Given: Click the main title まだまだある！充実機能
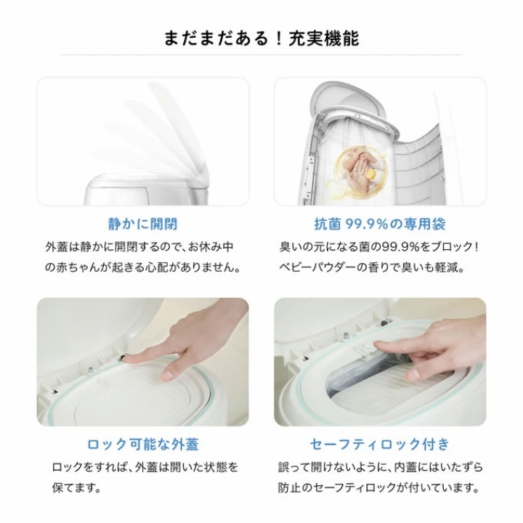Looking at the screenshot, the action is coord(261,38).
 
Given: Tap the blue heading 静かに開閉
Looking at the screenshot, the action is coord(143,224).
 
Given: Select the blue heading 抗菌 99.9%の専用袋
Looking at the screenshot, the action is coord(380,224).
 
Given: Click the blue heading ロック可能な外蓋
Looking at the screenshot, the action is coord(143,445).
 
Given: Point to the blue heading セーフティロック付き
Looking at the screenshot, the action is coord(380,445).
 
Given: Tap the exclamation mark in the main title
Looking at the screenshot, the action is coord(280,38).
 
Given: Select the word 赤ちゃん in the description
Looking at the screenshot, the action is coord(78,267).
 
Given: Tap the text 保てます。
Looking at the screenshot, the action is coord(77,487).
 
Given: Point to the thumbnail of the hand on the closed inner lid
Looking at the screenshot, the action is coord(143,362).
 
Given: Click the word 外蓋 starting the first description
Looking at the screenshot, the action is coord(57,247).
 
